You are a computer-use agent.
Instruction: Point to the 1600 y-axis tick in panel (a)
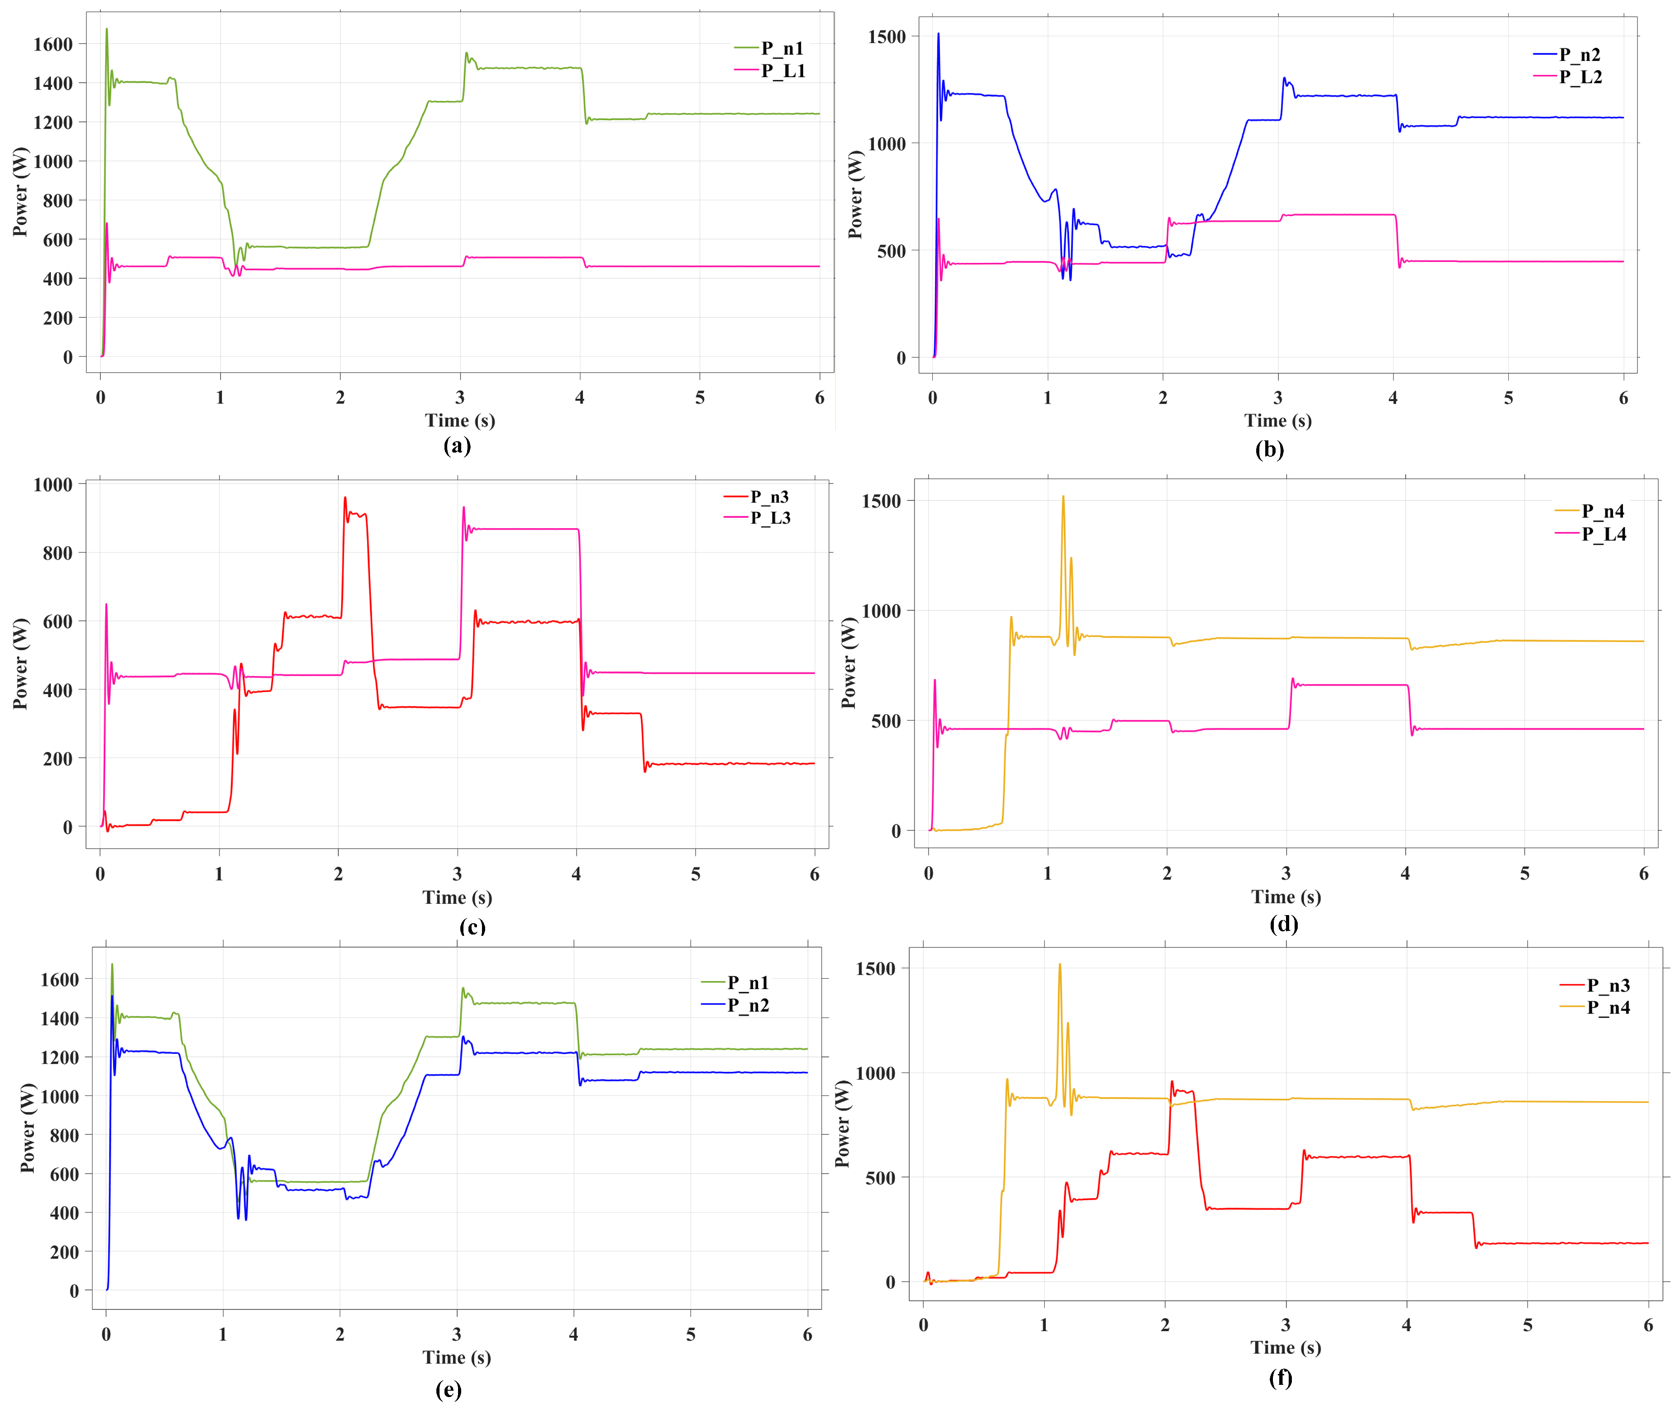pyautogui.click(x=53, y=44)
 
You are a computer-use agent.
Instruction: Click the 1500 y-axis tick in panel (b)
pyautogui.click(x=887, y=37)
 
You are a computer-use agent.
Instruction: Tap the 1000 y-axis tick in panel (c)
pyautogui.click(x=53, y=484)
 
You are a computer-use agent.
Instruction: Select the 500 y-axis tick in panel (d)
pyautogui.click(x=886, y=721)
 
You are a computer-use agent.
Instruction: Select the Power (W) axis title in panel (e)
pyautogui.click(x=28, y=1128)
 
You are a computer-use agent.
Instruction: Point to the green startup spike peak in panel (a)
pyautogui.click(x=107, y=30)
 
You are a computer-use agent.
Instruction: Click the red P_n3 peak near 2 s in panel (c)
pyautogui.click(x=345, y=498)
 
